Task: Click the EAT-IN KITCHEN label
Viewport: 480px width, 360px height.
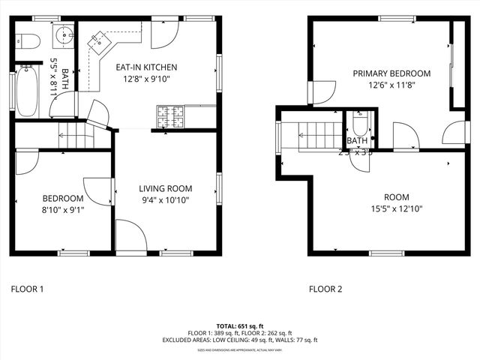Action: coord(145,67)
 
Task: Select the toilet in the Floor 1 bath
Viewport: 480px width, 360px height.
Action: coord(28,41)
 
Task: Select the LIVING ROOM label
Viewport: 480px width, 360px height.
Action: coord(166,188)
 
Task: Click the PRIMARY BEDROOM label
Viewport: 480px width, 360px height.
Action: coord(391,73)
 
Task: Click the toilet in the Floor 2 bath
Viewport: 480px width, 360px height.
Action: coord(359,124)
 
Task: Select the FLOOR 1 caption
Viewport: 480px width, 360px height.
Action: coord(28,288)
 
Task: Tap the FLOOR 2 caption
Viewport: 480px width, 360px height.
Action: coord(325,289)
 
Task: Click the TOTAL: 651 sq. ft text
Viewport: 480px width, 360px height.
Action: coord(240,326)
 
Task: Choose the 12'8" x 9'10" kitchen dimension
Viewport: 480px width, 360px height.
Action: coord(145,78)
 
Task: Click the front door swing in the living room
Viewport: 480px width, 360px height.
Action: coord(130,236)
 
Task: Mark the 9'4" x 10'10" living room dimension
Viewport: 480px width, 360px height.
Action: coord(166,200)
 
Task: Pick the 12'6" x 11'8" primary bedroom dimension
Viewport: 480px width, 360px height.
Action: coord(391,85)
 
